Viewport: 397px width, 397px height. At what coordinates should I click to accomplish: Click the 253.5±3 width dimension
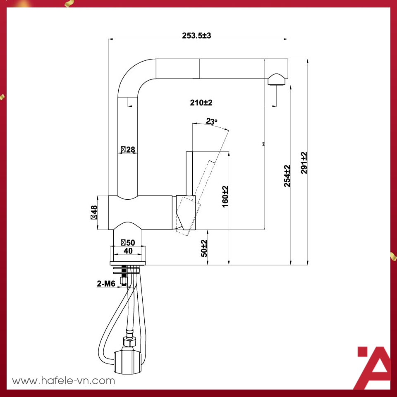[x=196, y=36]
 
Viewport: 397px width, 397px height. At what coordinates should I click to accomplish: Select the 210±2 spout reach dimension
[x=201, y=103]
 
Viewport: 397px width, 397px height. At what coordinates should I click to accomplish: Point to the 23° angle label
[x=211, y=122]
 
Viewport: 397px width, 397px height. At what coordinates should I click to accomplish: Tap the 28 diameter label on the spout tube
[x=128, y=150]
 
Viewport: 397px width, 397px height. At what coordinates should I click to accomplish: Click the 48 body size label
[x=94, y=212]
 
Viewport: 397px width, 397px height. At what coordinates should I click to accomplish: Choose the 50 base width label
[x=128, y=242]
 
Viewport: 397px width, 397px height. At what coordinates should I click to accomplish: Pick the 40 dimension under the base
[x=128, y=251]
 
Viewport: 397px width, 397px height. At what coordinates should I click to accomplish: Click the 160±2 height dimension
[x=225, y=196]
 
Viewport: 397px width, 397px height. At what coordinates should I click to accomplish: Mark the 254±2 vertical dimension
[x=287, y=176]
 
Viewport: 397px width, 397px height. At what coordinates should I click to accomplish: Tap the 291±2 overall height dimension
[x=304, y=163]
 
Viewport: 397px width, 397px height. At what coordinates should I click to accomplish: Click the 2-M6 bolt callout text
[x=106, y=284]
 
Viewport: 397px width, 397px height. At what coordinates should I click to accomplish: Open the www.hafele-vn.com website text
[x=63, y=381]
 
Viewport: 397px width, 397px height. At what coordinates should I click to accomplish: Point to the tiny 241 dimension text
[x=263, y=144]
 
